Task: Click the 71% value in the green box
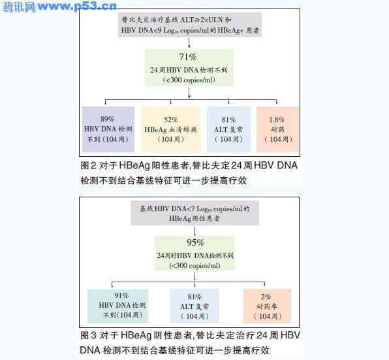(x=188, y=57)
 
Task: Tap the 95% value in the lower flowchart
(x=196, y=242)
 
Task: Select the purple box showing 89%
(x=108, y=129)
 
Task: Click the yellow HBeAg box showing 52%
(x=171, y=129)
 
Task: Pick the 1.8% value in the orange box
(x=277, y=120)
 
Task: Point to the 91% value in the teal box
(x=121, y=295)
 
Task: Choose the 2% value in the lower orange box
(x=266, y=297)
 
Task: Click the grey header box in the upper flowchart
(x=190, y=25)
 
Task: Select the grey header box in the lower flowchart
(x=194, y=213)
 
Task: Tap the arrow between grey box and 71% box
(x=189, y=43)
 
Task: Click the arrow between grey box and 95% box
(x=194, y=231)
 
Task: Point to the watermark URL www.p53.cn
(x=77, y=6)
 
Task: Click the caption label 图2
(x=88, y=165)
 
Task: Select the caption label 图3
(x=88, y=335)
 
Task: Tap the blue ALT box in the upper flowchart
(x=228, y=129)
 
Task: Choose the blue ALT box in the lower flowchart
(x=194, y=306)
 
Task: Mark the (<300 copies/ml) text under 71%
(x=189, y=80)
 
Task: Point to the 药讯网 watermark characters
(x=19, y=7)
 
